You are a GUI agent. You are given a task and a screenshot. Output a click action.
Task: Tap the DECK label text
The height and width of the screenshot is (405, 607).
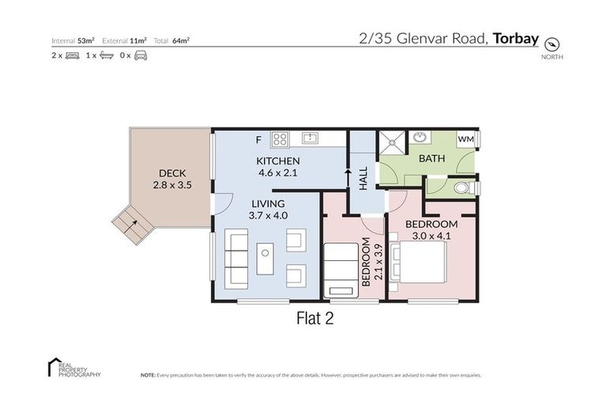pos(172,174)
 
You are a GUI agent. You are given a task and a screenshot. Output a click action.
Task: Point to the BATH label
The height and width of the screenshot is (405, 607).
pos(432,158)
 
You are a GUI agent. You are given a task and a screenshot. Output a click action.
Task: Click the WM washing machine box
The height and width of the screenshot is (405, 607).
pos(466,140)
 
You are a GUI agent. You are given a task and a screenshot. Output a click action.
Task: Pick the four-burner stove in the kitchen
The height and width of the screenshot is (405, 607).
pos(280,139)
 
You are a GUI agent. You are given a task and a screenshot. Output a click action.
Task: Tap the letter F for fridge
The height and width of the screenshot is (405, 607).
pos(258,141)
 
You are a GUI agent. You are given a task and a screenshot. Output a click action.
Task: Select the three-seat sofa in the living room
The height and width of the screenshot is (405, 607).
pos(236,259)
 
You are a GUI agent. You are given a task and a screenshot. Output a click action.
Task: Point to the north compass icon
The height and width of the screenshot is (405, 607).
pos(552,44)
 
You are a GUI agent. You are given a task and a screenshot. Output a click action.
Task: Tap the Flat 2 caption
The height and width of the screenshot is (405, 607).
pos(316,320)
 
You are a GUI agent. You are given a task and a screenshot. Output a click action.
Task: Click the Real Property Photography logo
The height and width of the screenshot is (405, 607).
pos(74,367)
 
